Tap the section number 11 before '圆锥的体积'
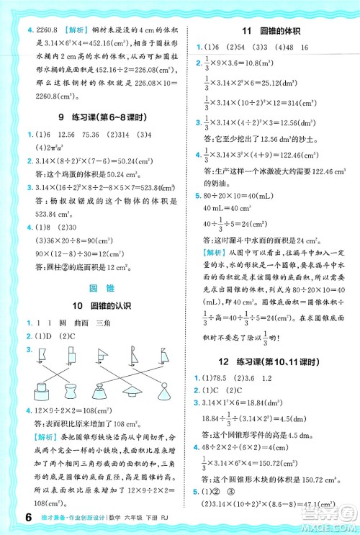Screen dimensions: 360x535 247,30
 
